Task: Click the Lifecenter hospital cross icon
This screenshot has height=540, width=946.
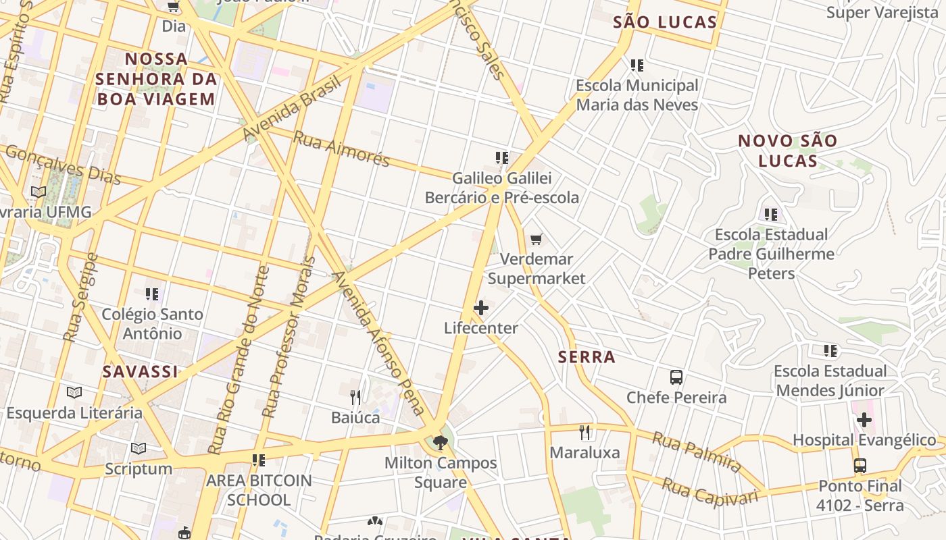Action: [481, 308]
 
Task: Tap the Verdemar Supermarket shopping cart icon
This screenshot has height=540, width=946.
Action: [537, 239]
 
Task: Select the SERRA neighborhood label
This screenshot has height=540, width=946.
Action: [587, 357]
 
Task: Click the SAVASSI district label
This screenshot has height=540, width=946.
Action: [141, 371]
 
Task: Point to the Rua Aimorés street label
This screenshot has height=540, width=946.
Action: [341, 148]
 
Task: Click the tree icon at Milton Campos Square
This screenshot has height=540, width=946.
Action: [441, 443]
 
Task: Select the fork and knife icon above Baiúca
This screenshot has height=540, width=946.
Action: [355, 397]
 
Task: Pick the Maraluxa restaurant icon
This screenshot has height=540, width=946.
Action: [585, 432]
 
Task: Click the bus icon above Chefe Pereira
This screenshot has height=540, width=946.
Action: [676, 377]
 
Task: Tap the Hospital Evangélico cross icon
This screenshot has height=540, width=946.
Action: [864, 420]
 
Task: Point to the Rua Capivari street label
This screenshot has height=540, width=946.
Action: [709, 491]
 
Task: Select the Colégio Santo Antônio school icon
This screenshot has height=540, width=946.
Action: [152, 294]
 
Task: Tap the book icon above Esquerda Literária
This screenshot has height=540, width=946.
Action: [74, 392]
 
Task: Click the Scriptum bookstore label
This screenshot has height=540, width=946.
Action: [139, 468]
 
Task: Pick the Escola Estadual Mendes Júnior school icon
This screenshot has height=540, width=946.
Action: [830, 351]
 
